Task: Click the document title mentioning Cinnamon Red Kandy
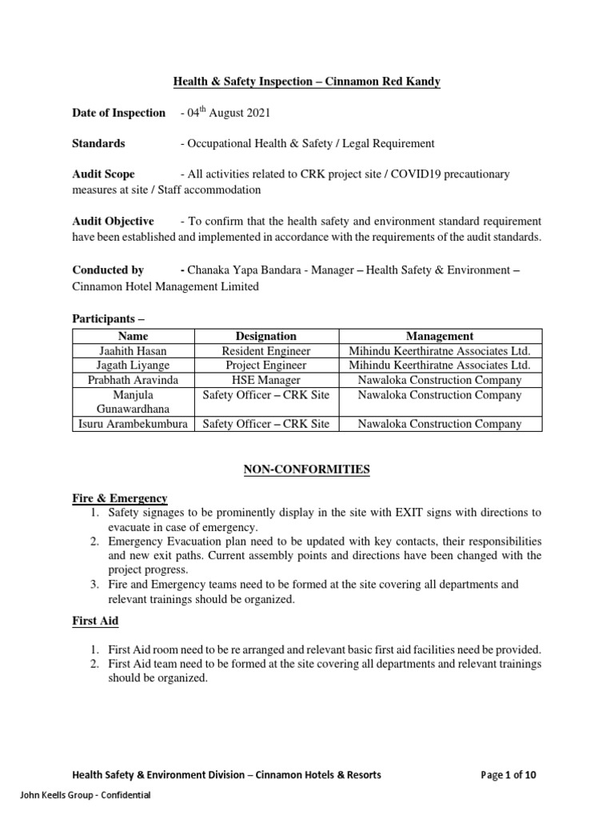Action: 308,82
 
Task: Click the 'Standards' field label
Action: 98,143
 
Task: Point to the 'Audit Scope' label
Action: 103,174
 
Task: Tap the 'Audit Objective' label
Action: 113,221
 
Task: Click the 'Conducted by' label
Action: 108,270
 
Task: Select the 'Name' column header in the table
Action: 132,337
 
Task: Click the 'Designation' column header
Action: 265,337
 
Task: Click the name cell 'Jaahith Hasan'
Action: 132,351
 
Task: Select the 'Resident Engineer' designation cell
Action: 265,351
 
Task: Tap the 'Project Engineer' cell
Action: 265,366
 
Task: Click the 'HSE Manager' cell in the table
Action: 265,380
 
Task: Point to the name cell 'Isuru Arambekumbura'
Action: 132,424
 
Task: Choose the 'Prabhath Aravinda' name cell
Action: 132,380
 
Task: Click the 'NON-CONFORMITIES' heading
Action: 307,469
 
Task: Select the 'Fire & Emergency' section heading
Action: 120,498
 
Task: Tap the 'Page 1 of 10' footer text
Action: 514,774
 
